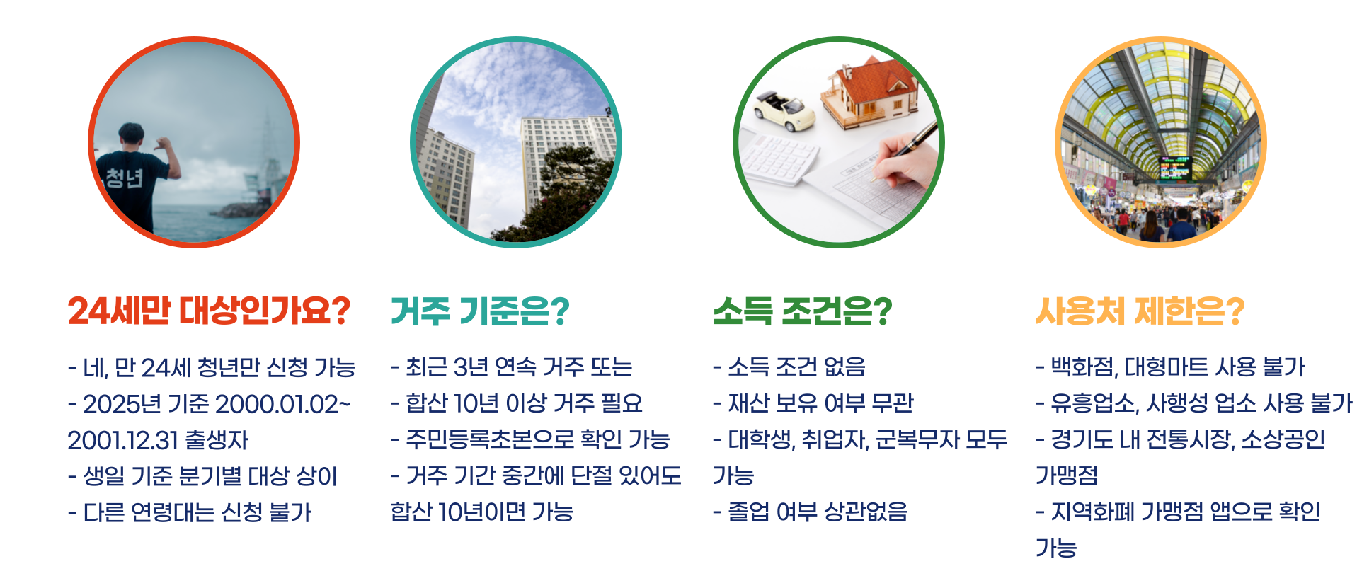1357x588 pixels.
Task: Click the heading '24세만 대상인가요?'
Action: pos(209,311)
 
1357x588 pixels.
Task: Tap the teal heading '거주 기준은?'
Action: pos(480,311)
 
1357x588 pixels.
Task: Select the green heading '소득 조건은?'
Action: pos(802,311)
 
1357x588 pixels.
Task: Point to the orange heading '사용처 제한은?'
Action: pos(1140,311)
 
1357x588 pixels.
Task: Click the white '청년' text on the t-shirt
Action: pos(125,178)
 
